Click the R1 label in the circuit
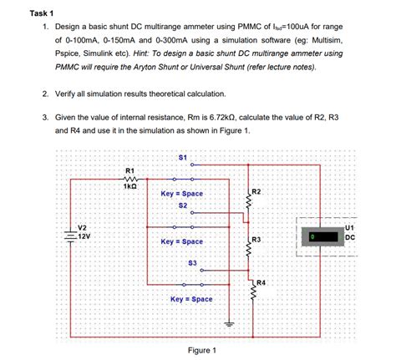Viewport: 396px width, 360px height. point(129,170)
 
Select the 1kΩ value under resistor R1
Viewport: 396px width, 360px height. point(129,186)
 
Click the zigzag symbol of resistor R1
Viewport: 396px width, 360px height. point(129,178)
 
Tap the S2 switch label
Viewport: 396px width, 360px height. point(183,205)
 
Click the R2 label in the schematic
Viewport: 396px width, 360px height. point(256,193)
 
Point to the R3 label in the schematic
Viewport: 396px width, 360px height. point(256,241)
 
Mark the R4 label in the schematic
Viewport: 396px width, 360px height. point(261,282)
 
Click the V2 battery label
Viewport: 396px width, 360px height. point(81,227)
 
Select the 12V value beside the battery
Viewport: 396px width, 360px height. point(84,236)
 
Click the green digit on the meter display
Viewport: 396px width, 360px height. point(311,237)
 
